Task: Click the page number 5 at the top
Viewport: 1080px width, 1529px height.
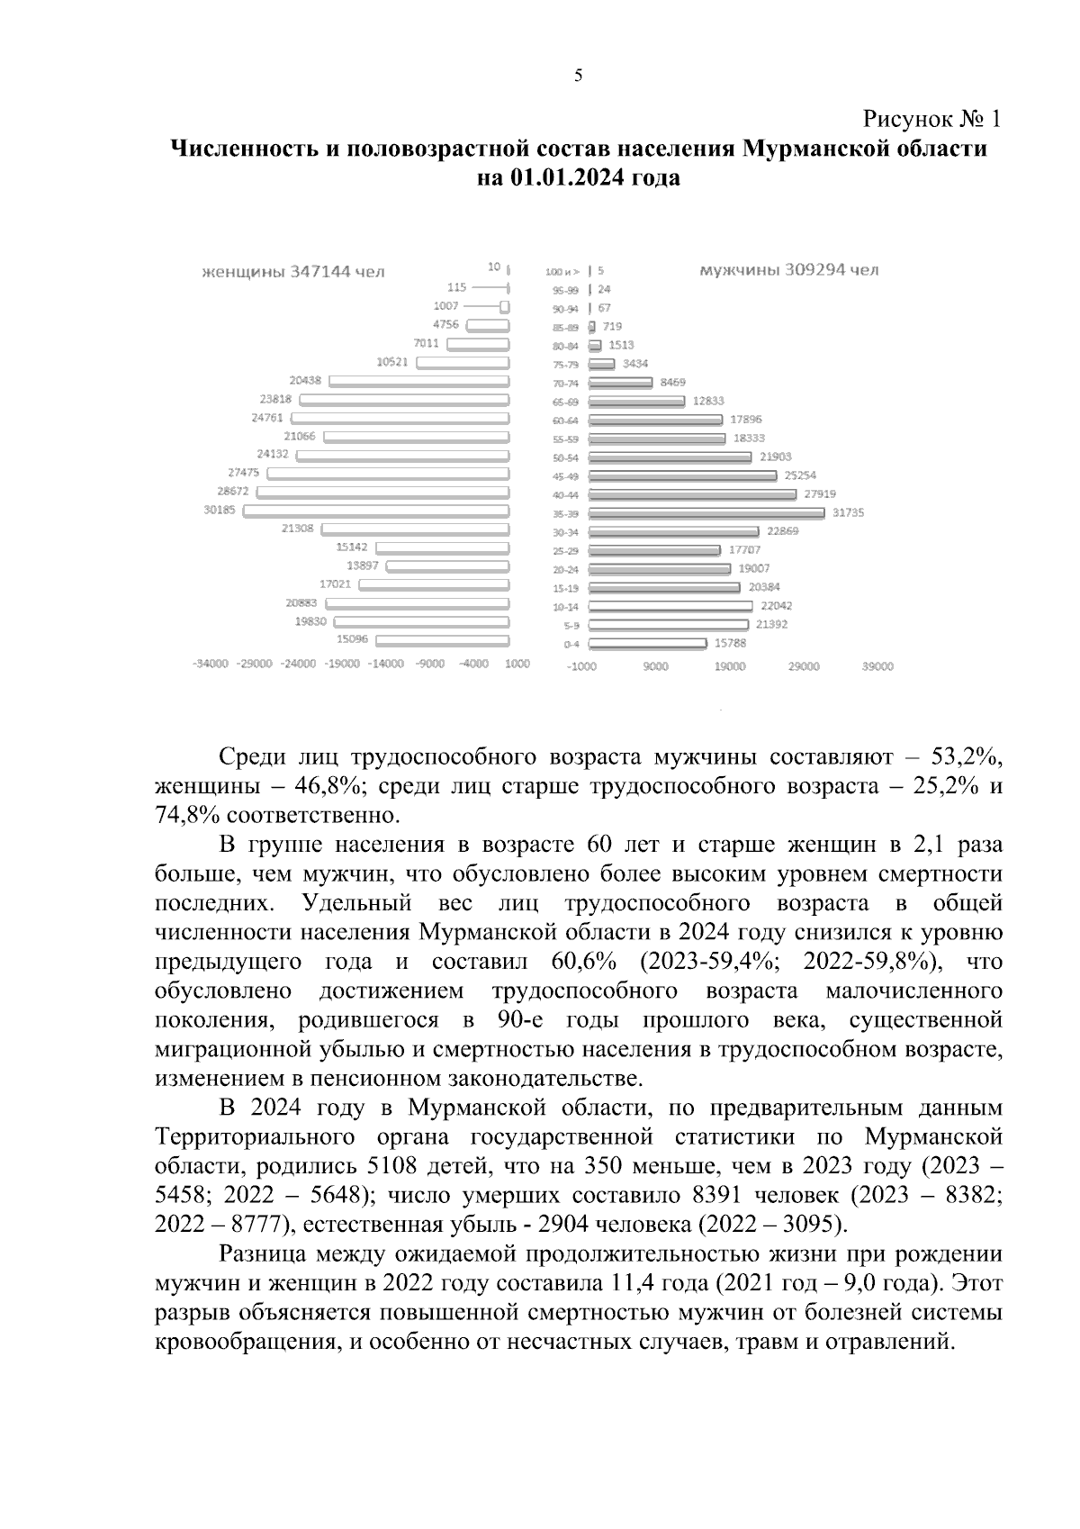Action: [577, 76]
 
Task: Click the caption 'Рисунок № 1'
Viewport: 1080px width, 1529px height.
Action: [931, 119]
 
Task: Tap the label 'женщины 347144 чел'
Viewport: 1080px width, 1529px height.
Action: [292, 272]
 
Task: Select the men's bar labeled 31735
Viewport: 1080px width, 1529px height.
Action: [706, 513]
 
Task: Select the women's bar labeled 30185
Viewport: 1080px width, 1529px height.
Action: [376, 511]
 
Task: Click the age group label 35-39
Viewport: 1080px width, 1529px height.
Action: [565, 514]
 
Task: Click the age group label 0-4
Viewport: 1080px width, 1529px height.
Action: [571, 645]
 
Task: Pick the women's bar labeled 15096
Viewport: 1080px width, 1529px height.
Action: [442, 640]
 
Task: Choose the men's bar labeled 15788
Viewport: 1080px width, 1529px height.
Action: [647, 644]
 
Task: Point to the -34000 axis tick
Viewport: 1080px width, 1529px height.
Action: [210, 665]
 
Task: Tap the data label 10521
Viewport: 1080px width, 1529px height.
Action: [392, 362]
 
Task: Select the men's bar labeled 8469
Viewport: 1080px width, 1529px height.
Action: [619, 384]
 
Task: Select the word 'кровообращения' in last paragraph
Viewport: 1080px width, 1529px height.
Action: [239, 1342]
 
